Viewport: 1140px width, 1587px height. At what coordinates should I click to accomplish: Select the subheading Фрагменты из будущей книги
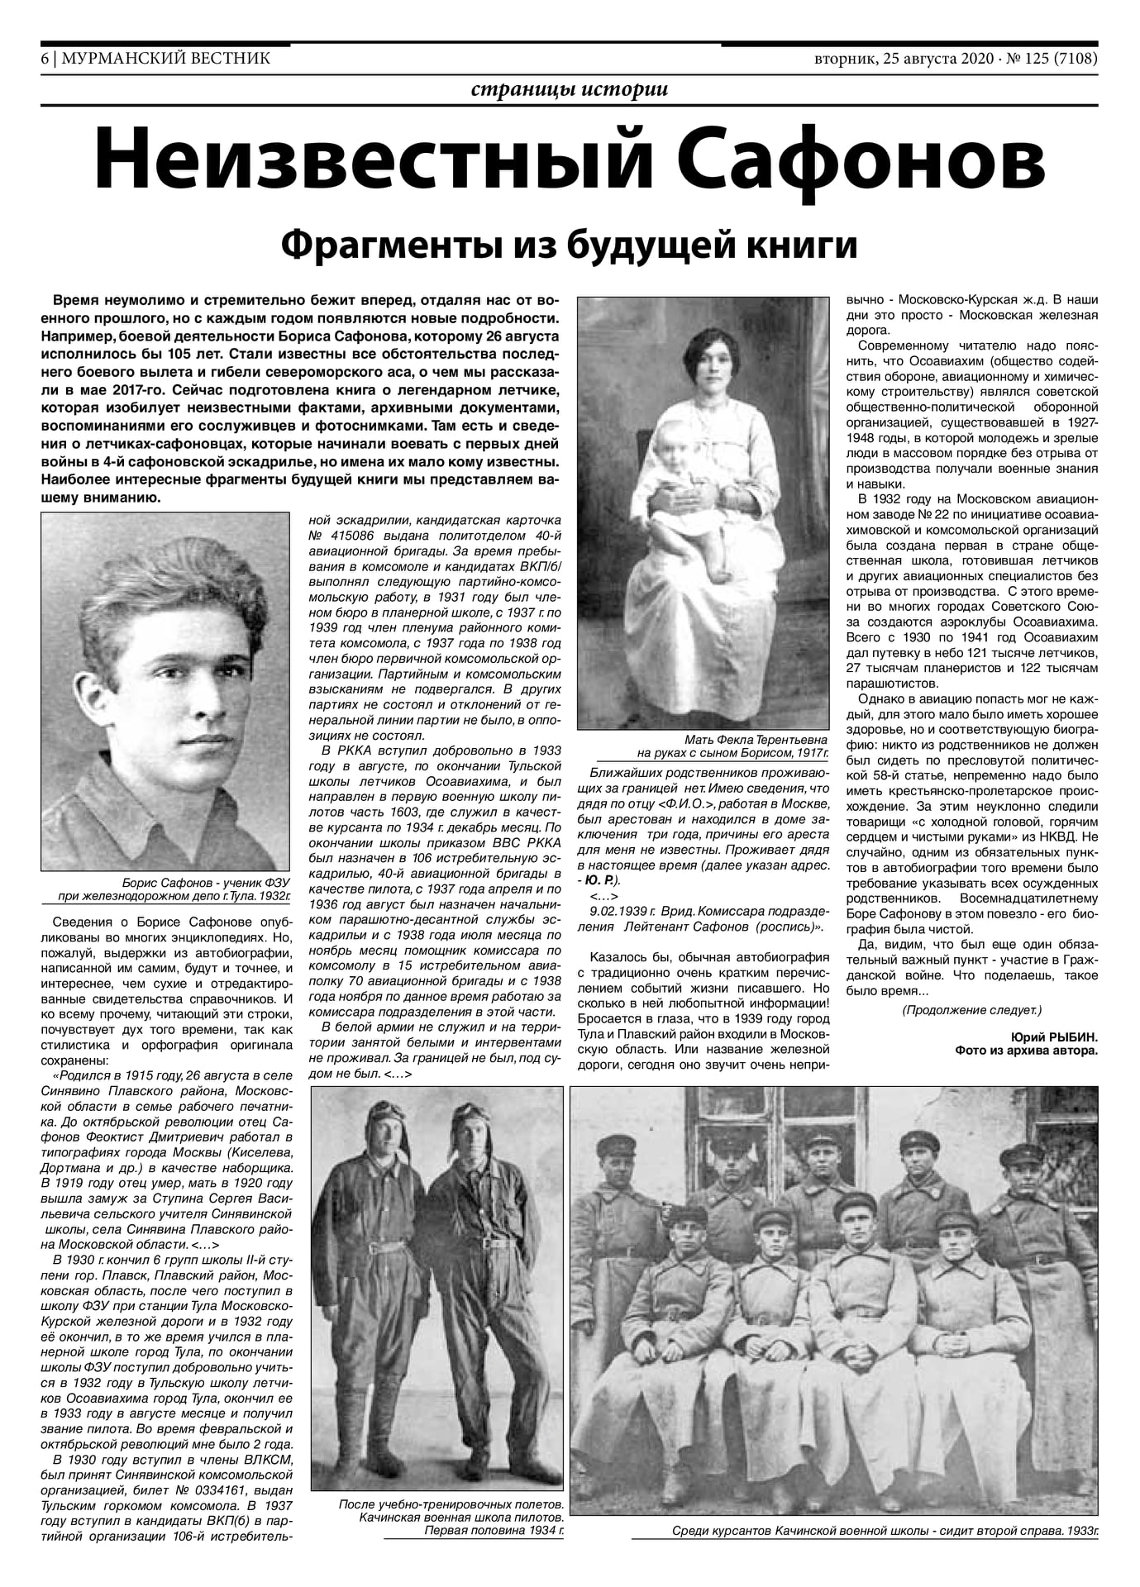pyautogui.click(x=569, y=245)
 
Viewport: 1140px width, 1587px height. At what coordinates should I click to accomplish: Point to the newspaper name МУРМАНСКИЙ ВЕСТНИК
pyautogui.click(x=165, y=59)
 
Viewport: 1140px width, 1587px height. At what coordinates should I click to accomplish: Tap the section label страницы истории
pyautogui.click(x=569, y=90)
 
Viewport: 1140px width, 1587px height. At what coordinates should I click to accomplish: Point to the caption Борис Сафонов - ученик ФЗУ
pyautogui.click(x=204, y=882)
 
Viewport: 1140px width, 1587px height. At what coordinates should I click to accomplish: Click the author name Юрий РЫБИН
pyautogui.click(x=1054, y=1037)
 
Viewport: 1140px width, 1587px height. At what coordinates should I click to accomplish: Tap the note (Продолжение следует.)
pyautogui.click(x=971, y=1010)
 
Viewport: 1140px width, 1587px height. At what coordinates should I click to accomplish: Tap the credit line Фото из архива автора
pyautogui.click(x=1026, y=1051)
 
